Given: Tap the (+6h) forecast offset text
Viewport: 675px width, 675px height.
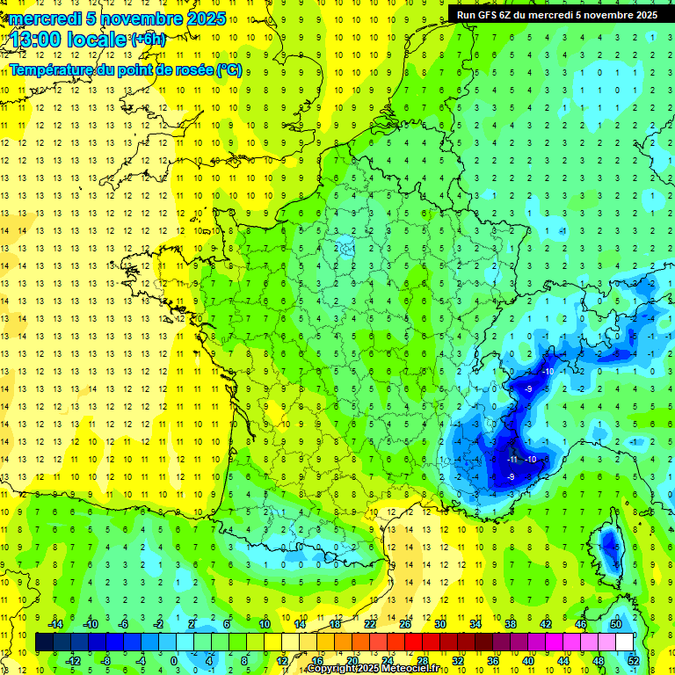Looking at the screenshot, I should tap(147, 39).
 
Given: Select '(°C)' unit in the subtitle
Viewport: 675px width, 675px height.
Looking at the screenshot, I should tap(229, 69).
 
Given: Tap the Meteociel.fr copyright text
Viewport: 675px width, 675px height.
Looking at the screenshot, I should tap(379, 669).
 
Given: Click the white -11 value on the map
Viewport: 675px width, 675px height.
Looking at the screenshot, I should tap(512, 459).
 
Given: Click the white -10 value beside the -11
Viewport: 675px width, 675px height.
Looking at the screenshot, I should tap(530, 459).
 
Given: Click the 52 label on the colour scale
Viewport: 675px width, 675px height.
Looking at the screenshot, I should tap(634, 660).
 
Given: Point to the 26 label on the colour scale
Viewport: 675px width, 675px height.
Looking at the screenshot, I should tap(405, 624).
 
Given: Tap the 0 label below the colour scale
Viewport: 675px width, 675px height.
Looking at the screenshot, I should tap(174, 660).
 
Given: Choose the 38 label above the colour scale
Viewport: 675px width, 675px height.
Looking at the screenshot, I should tap(511, 624).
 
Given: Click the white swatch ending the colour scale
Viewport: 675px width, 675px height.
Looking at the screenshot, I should tap(624, 642).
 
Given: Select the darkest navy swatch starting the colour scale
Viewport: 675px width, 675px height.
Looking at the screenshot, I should tap(44, 642).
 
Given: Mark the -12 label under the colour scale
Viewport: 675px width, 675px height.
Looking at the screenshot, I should tap(73, 660).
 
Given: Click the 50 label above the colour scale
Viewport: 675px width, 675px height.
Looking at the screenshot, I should tap(615, 624).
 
